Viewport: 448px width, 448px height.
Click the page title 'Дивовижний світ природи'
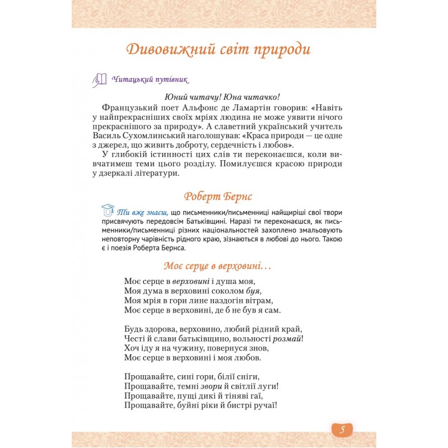point(218,49)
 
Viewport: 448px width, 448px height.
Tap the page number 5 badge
point(342,430)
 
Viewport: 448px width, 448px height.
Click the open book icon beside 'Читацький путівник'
point(100,80)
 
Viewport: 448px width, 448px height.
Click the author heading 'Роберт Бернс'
point(218,197)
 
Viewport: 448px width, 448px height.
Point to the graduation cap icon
point(108,210)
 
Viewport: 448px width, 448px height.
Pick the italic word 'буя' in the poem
point(253,291)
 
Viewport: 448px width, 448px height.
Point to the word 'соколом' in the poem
point(226,291)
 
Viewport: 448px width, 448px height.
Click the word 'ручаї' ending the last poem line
point(265,405)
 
